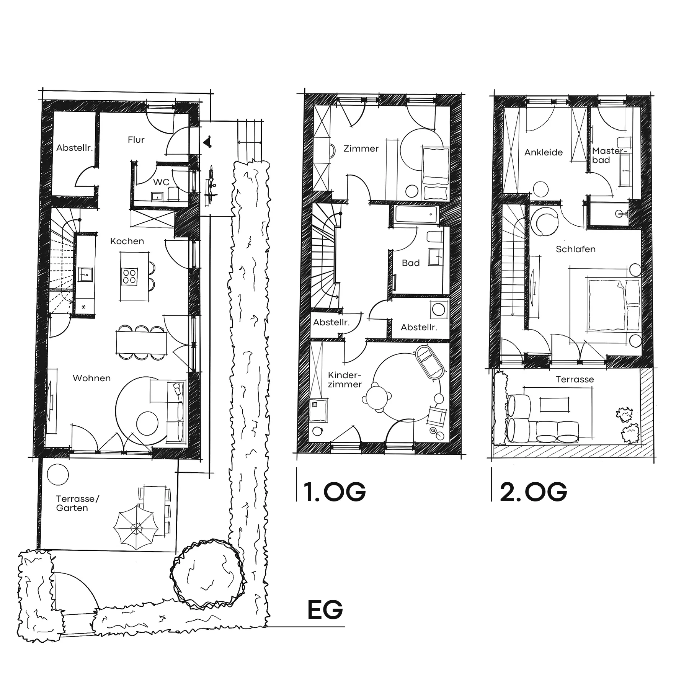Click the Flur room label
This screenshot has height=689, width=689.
click(136, 140)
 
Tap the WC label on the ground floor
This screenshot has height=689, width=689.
click(161, 182)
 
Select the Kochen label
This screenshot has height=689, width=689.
click(127, 241)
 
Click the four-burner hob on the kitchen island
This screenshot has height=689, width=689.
click(129, 276)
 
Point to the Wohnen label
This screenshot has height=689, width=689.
click(92, 378)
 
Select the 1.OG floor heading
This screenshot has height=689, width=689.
click(335, 491)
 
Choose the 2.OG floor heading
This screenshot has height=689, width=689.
click(533, 491)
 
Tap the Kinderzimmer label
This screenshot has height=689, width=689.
click(344, 380)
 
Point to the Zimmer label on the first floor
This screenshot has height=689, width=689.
click(361, 149)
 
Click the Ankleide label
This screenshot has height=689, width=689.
click(544, 152)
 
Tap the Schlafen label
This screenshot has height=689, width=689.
click(576, 249)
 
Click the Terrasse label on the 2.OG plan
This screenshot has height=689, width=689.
click(575, 379)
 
